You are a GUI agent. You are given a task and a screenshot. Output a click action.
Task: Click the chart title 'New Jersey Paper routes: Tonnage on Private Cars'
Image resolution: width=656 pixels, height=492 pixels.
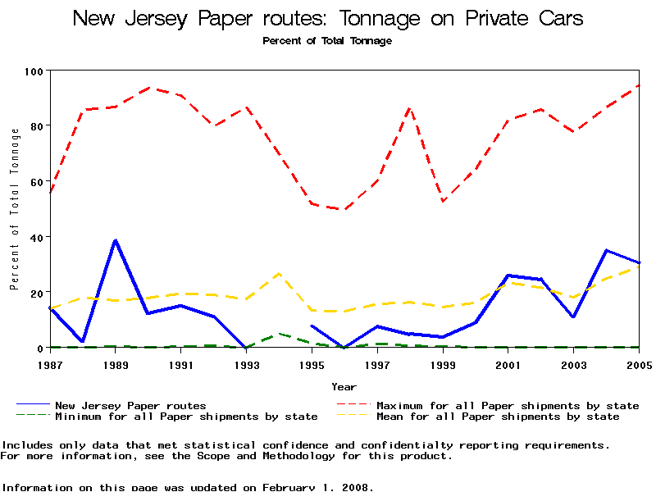[x=328, y=18]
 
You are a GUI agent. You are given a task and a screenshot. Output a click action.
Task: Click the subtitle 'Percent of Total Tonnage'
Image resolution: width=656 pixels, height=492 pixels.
[x=327, y=41]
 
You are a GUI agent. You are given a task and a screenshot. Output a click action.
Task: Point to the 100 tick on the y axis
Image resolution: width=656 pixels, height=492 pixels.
[x=33, y=71]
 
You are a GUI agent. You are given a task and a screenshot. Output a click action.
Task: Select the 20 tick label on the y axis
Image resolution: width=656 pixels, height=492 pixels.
[x=36, y=293]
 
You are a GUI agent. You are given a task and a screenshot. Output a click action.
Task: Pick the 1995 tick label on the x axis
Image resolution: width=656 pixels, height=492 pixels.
[x=312, y=363]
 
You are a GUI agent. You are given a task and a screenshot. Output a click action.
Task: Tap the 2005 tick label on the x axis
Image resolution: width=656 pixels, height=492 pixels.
[x=636, y=363]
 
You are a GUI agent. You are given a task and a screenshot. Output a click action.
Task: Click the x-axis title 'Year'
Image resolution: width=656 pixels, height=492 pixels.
[x=344, y=386]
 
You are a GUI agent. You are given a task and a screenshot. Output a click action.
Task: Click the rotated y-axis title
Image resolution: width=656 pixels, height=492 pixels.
[x=14, y=221]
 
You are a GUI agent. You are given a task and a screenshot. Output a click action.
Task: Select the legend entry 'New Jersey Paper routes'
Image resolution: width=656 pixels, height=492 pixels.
[x=130, y=405]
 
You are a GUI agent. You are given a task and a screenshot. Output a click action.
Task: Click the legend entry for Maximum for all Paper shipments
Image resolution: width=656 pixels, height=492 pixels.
[x=508, y=405]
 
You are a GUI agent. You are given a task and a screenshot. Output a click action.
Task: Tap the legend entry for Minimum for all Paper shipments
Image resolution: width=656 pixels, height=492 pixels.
[x=186, y=417]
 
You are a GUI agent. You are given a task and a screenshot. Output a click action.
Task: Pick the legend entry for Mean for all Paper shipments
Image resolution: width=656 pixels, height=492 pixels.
[x=498, y=417]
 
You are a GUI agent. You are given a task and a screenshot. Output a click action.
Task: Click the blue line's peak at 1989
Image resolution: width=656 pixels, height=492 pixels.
[x=116, y=240]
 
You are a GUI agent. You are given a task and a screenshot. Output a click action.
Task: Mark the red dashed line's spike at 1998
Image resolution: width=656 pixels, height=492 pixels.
[x=410, y=108]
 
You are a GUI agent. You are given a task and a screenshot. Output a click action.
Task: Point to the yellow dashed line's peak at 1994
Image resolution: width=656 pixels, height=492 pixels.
[x=280, y=273]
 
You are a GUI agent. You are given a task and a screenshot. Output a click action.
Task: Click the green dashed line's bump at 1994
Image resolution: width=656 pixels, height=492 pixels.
[x=280, y=334]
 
